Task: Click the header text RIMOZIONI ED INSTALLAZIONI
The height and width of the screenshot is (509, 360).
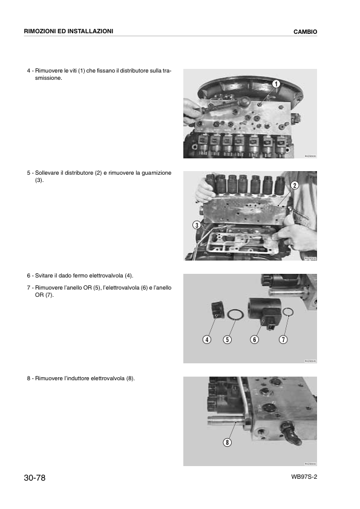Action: (68, 31)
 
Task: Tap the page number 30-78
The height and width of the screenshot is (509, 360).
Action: (35, 478)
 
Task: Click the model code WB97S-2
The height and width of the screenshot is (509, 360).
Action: (304, 476)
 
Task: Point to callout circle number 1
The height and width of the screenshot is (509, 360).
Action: (276, 83)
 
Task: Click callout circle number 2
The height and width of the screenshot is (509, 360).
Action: (295, 185)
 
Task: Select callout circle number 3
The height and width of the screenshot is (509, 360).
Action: (197, 225)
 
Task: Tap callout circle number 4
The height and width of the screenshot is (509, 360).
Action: (207, 339)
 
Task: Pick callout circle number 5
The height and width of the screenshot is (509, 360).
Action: (227, 339)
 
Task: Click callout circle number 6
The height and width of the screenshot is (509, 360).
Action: (255, 339)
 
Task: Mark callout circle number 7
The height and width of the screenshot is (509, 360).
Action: (283, 339)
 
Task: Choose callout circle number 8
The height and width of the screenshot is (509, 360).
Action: (227, 442)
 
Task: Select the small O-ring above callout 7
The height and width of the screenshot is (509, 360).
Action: (289, 313)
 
